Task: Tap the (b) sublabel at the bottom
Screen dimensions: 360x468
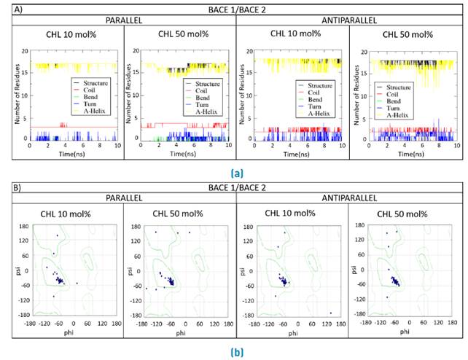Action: tap(235, 353)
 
